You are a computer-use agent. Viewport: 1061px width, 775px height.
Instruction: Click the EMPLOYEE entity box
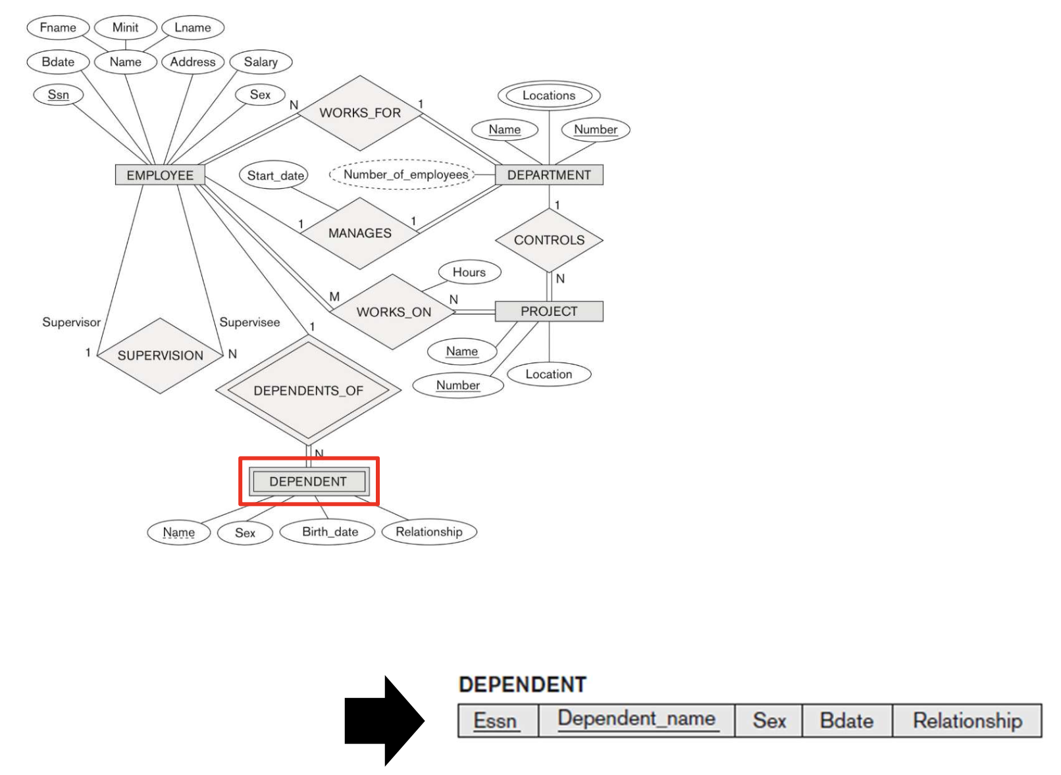[x=160, y=175]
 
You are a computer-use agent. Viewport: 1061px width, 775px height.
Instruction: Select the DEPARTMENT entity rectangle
[x=549, y=175]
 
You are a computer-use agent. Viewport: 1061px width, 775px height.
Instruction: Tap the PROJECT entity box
[x=549, y=311]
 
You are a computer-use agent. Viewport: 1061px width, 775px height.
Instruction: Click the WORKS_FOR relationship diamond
[x=360, y=113]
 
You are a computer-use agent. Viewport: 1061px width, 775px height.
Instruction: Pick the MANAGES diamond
[x=359, y=233]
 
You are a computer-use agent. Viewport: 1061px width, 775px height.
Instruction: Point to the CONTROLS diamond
[x=549, y=240]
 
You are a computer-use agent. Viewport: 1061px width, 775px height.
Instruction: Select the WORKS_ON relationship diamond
[x=394, y=312]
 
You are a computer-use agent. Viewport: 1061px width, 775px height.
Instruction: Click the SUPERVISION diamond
[x=160, y=355]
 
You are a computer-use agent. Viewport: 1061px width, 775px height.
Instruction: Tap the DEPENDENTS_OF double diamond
[x=308, y=390]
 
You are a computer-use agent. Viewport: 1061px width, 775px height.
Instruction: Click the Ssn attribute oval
[x=59, y=95]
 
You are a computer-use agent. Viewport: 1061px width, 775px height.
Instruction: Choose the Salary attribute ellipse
[x=261, y=62]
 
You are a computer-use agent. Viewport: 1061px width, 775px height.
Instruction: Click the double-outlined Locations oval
[x=549, y=95]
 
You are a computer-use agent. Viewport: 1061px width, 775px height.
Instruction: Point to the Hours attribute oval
[x=469, y=272]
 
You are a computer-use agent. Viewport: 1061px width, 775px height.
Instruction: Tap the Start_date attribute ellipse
[x=276, y=176]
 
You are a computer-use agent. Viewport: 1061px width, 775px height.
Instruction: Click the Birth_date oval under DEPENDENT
[x=330, y=532]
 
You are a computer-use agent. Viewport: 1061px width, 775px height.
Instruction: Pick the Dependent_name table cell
[x=636, y=719]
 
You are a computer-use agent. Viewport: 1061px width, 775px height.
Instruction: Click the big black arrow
[x=384, y=720]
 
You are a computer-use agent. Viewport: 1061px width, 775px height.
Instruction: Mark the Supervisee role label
[x=249, y=322]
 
